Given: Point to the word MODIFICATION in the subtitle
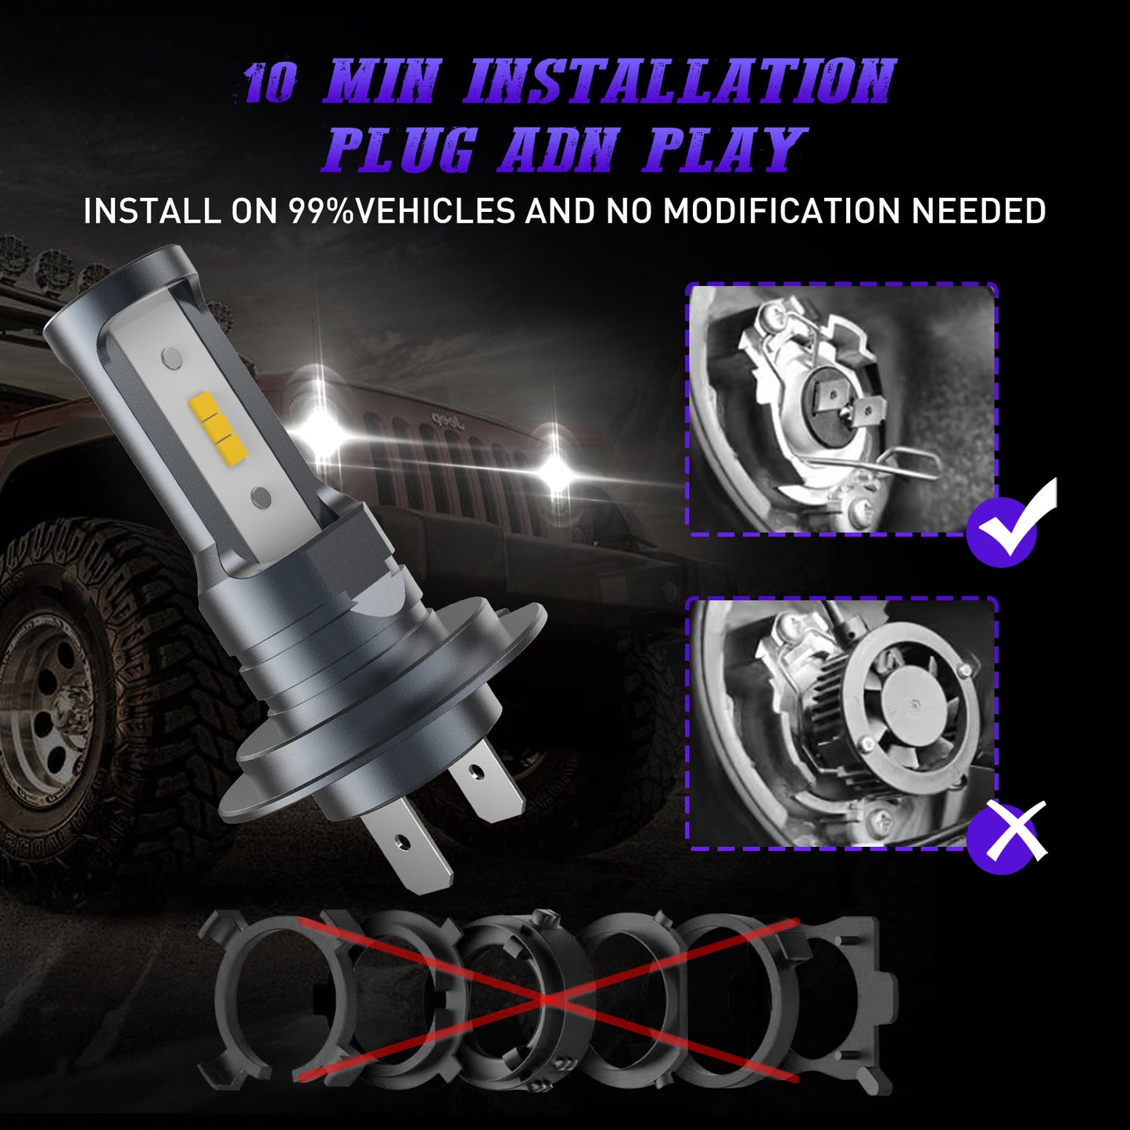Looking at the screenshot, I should (x=783, y=211).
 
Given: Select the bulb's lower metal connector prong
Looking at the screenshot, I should (x=406, y=841).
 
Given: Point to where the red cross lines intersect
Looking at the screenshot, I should (x=547, y=1000).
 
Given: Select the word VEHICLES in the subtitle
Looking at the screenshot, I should (x=435, y=211).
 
